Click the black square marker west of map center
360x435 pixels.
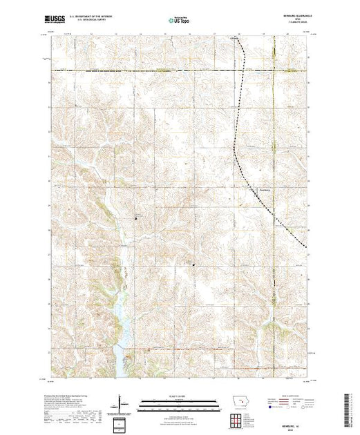pos(135,219)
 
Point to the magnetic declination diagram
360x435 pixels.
pos(122,403)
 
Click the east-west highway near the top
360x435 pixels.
pos(173,70)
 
